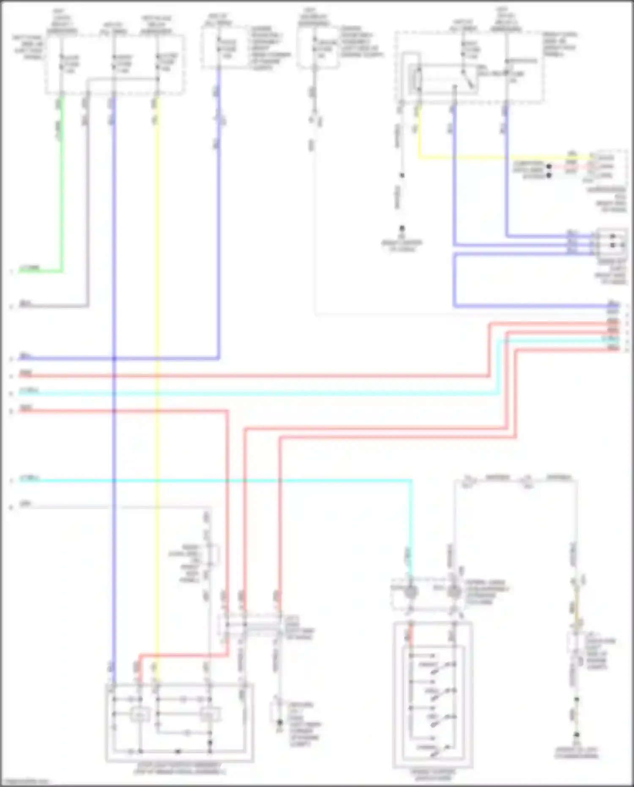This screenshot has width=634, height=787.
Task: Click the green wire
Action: click(x=62, y=190)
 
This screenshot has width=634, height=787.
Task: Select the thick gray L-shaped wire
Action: click(x=87, y=211)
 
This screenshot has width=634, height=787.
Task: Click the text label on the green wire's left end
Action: click(x=30, y=268)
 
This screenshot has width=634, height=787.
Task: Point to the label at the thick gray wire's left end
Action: click(x=25, y=303)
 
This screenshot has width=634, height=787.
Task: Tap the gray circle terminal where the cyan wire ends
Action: click(x=410, y=591)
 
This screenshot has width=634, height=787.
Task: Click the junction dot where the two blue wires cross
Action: click(x=114, y=359)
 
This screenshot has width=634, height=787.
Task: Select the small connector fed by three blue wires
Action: click(x=612, y=241)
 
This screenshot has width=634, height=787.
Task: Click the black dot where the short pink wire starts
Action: click(x=549, y=167)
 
